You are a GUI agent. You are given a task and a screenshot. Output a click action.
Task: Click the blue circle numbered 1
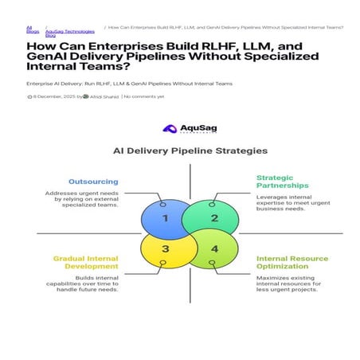click(x=164, y=217)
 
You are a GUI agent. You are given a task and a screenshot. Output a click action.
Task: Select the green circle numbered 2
click(x=213, y=217)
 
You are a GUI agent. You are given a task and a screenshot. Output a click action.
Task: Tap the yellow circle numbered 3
click(x=164, y=248)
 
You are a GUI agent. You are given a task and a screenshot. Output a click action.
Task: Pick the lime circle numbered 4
click(x=213, y=248)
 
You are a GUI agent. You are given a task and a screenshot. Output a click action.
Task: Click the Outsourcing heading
click(x=93, y=181)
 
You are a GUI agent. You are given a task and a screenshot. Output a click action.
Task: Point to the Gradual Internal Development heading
click(x=86, y=263)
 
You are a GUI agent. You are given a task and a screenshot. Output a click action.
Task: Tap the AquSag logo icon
click(x=169, y=128)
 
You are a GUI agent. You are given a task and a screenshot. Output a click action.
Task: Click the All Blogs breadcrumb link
click(x=32, y=29)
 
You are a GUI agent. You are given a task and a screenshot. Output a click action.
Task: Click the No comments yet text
click(x=144, y=96)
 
